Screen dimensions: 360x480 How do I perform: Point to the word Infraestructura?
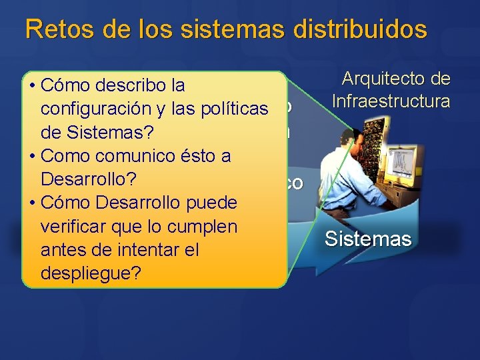[x=391, y=102]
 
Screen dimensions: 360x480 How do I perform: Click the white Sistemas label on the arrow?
[x=368, y=239]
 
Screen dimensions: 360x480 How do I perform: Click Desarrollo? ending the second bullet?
[x=89, y=179]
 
